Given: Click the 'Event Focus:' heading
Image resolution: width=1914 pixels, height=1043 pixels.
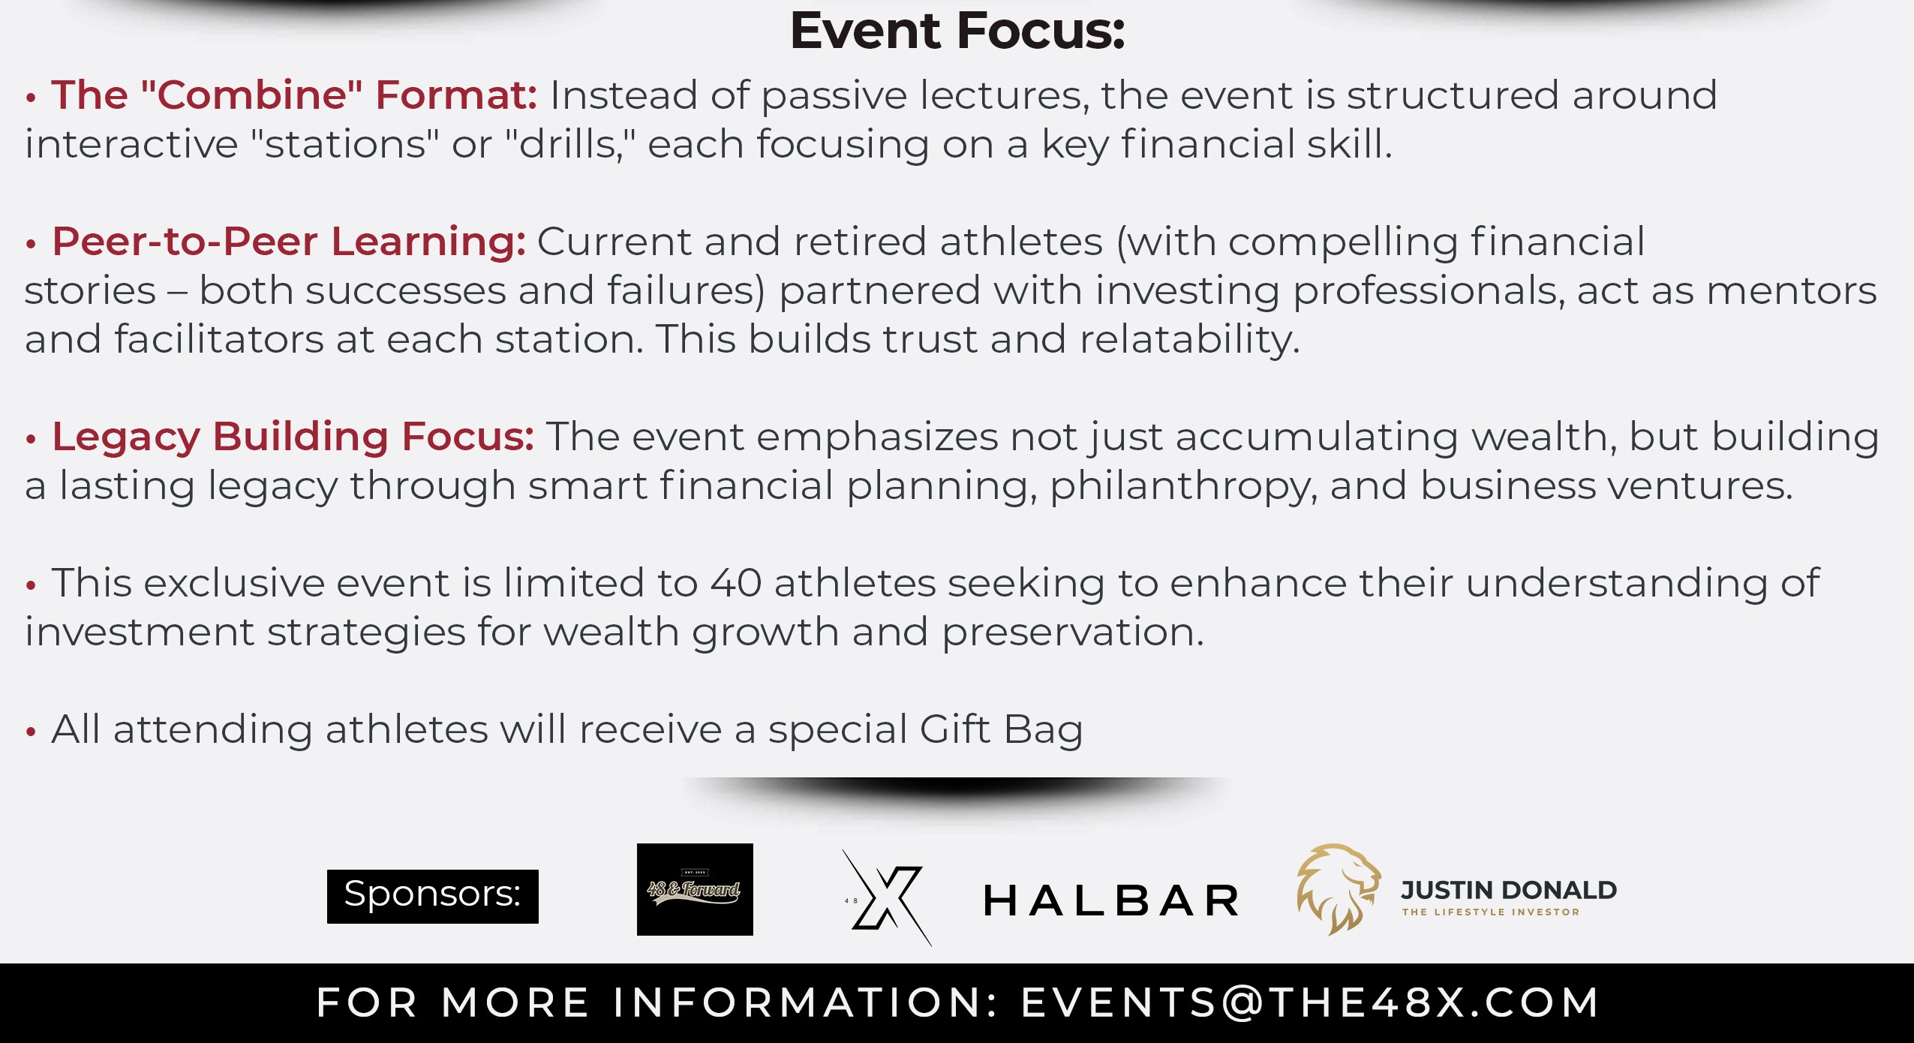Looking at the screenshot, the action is [x=957, y=32].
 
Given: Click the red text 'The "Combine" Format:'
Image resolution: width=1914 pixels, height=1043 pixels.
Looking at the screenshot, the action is [x=294, y=95].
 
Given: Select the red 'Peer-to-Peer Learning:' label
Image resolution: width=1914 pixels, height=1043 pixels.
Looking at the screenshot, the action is [x=289, y=242].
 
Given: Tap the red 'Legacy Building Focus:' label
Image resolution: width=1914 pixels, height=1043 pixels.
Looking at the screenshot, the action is [x=293, y=437].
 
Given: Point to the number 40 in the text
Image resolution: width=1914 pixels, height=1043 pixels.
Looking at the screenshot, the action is [x=736, y=583].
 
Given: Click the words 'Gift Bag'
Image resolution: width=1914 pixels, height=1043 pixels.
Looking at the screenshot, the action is [x=1001, y=730].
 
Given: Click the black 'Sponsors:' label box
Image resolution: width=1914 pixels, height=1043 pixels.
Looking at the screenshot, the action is [x=433, y=896].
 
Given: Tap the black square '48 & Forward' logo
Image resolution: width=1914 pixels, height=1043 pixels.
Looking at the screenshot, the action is [x=695, y=889].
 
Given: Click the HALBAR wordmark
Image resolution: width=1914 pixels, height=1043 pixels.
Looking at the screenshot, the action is [x=1111, y=900].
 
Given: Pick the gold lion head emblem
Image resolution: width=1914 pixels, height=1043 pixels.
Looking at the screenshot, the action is [x=1338, y=889].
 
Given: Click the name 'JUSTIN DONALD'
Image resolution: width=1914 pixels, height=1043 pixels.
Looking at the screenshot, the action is [x=1509, y=890].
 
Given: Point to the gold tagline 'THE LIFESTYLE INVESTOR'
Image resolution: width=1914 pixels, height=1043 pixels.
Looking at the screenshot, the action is [x=1491, y=912].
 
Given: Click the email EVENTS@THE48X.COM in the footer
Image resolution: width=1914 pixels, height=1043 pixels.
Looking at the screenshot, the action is [x=1310, y=1002].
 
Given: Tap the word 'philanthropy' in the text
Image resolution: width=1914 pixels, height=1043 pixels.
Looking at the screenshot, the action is [x=1183, y=486].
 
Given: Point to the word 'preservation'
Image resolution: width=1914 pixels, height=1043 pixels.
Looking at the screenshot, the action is [x=1073, y=633].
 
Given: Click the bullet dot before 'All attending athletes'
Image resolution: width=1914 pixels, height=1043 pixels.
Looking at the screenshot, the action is [x=31, y=731].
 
